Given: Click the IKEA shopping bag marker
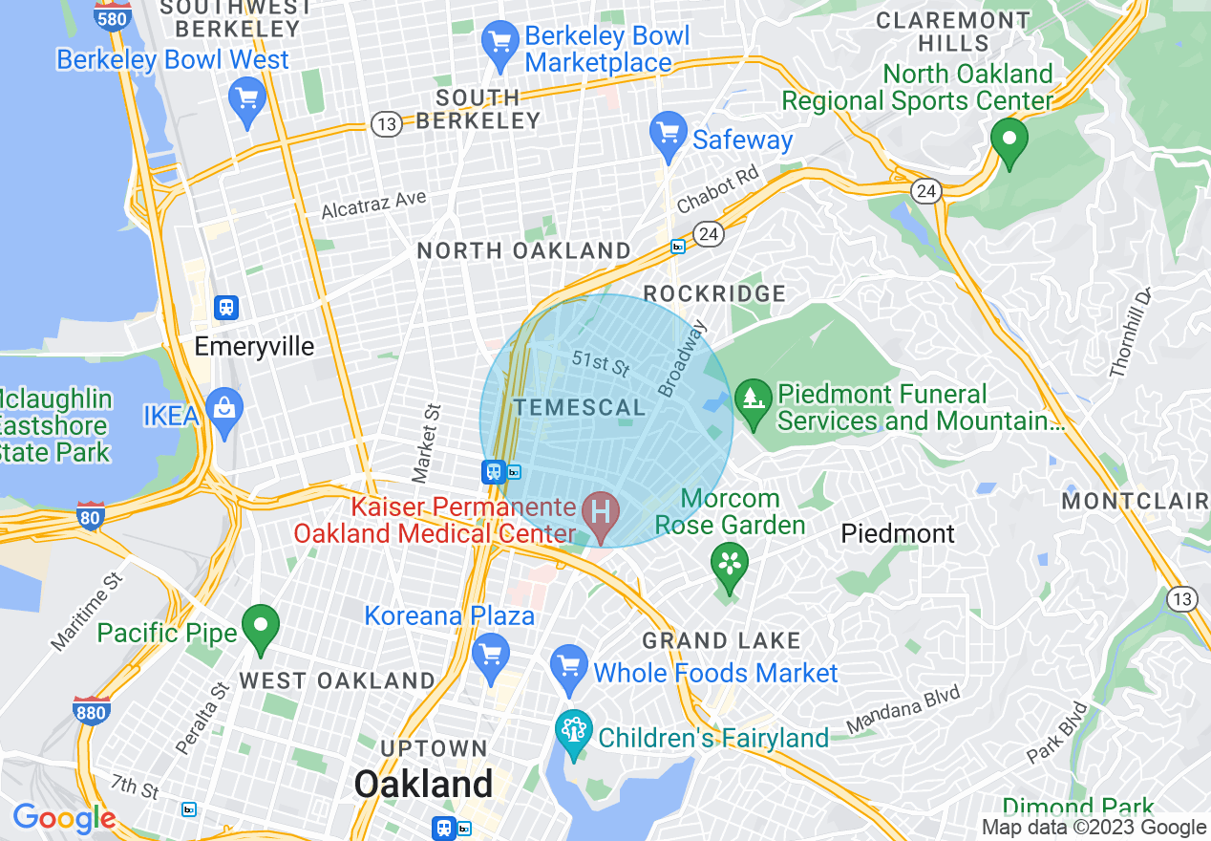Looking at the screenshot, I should click(x=224, y=412).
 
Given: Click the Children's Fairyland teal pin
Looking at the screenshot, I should click(x=574, y=734).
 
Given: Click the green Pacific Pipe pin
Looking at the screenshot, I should click(x=260, y=627).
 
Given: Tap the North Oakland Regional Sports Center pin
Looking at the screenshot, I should click(x=1009, y=140).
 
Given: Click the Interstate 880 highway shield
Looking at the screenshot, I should click(x=91, y=710).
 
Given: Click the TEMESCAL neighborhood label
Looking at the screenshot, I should click(x=579, y=408).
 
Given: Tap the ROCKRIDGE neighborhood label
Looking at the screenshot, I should click(x=714, y=294).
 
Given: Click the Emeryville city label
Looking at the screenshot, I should click(x=254, y=346).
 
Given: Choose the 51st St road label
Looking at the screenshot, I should click(x=602, y=363).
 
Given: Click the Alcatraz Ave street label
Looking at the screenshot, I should click(x=373, y=204).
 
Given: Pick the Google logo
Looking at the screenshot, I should click(x=64, y=818).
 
